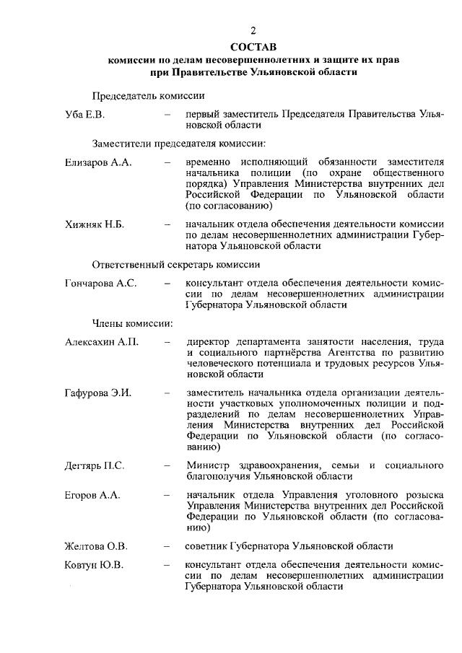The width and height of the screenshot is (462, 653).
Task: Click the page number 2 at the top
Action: pos(253,30)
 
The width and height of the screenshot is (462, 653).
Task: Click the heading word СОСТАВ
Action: pos(253,46)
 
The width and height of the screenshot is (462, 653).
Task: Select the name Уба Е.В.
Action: pos(84,115)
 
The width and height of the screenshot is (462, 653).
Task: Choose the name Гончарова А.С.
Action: pos(100,284)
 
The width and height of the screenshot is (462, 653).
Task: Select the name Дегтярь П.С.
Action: pos(95,465)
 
